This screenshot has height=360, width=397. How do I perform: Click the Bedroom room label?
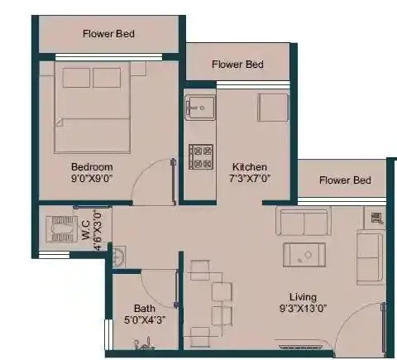[91, 166]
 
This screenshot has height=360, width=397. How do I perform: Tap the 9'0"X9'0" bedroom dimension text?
[91, 178]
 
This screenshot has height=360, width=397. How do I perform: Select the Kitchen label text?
[249, 166]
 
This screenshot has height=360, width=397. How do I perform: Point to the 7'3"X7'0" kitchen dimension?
[249, 178]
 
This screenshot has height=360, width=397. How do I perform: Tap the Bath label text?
[132, 307]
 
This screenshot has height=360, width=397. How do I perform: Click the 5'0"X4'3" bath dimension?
[132, 319]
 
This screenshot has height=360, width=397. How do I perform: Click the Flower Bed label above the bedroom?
[108, 34]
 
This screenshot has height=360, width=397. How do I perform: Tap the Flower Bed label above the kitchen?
[237, 64]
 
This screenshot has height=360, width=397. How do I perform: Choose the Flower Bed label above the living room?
[345, 180]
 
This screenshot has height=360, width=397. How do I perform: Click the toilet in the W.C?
[60, 229]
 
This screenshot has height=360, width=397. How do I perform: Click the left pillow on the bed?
[76, 78]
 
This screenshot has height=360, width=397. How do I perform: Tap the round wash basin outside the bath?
[119, 256]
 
